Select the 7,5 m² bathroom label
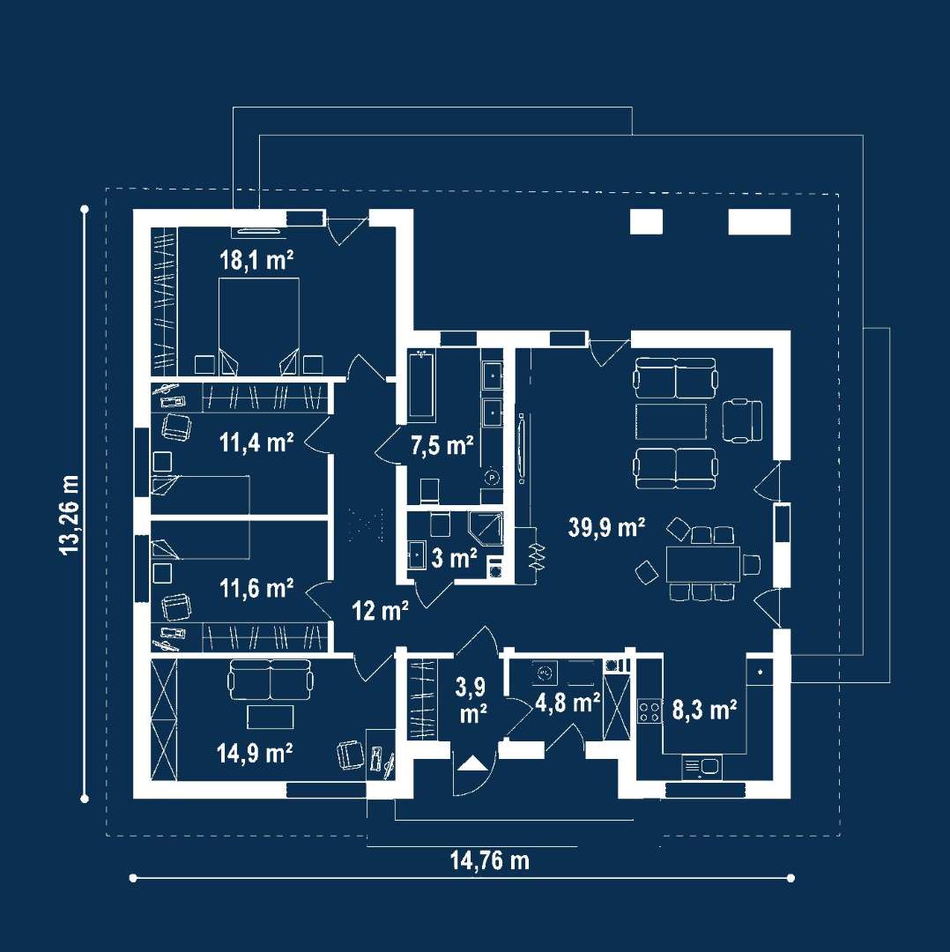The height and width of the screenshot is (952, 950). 442,446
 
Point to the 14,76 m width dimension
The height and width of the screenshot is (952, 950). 490,859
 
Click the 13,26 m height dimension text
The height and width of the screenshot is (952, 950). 70,515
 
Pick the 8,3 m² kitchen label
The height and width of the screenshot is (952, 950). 705,710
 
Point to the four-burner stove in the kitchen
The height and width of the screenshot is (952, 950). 649,711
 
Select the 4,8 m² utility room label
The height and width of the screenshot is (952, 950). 568,703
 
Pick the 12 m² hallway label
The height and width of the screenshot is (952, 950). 380,610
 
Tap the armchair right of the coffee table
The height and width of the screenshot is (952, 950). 742,420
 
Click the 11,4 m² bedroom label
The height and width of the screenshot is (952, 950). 256,442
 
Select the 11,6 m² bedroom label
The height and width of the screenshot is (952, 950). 256,588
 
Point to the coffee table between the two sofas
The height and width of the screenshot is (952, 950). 672,421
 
